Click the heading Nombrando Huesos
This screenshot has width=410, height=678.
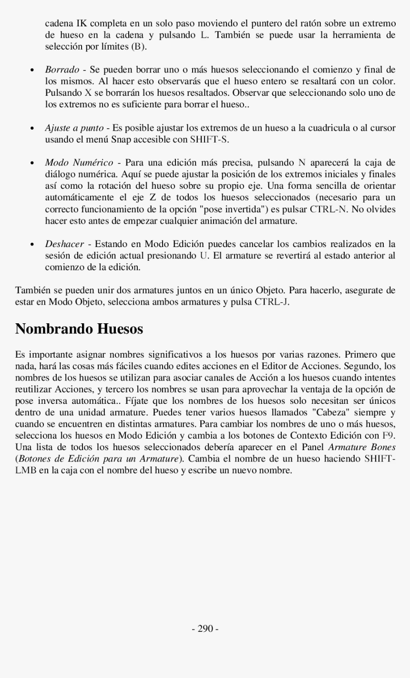click(x=79, y=329)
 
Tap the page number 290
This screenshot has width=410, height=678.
click(x=205, y=629)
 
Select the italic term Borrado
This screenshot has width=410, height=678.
click(x=62, y=70)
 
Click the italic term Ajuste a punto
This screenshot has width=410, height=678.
click(x=74, y=128)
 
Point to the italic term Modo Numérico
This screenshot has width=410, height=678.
click(x=79, y=163)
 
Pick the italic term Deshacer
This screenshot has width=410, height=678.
click(x=64, y=244)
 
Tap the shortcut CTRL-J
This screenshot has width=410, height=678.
click(x=272, y=302)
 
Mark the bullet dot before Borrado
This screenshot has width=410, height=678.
click(x=31, y=70)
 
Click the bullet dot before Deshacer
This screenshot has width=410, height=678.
click(x=31, y=244)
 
